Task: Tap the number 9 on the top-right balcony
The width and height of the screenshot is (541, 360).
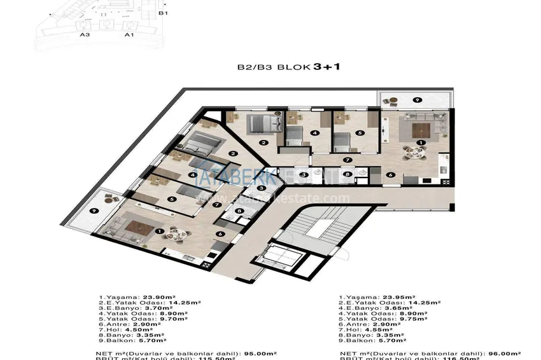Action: point(416,100)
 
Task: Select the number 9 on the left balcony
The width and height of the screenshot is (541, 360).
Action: point(94,211)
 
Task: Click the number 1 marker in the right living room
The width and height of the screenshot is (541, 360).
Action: point(419,142)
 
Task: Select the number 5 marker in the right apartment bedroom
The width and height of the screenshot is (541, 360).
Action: point(360,133)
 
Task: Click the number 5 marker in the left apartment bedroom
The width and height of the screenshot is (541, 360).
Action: point(171,199)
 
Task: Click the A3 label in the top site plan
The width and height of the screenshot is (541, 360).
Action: point(83,35)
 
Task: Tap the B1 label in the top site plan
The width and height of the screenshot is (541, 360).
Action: point(163,13)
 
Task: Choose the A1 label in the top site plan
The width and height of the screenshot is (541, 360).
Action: point(128,35)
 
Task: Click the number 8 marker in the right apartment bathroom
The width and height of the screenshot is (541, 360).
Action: point(347,174)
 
